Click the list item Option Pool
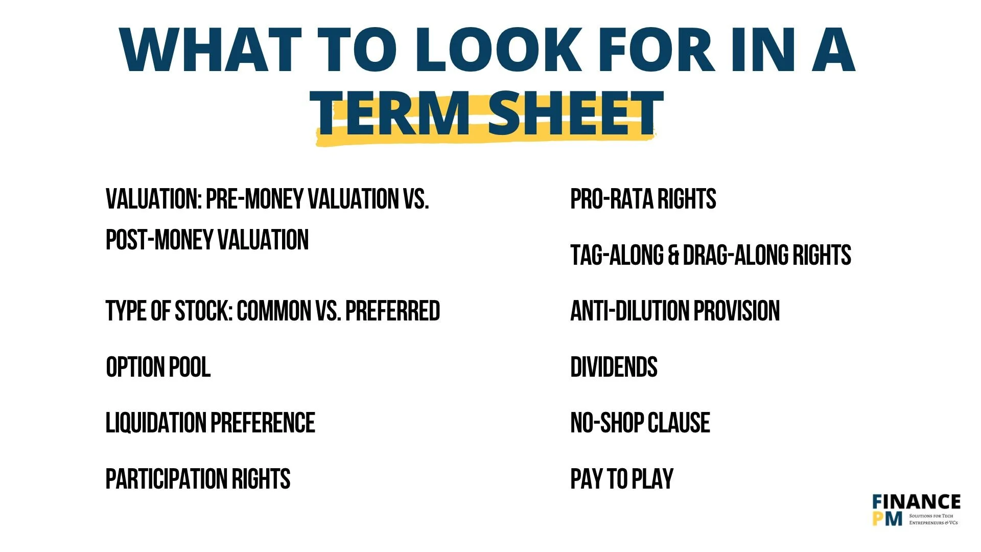[158, 367]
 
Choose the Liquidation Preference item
[210, 423]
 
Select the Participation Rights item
[198, 479]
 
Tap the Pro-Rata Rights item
[643, 199]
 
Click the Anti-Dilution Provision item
[675, 311]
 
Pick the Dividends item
[614, 367]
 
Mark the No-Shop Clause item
[640, 423]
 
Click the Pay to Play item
[622, 479]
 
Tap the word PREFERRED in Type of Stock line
[392, 311]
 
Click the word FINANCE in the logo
[917, 502]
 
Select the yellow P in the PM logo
[878, 519]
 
